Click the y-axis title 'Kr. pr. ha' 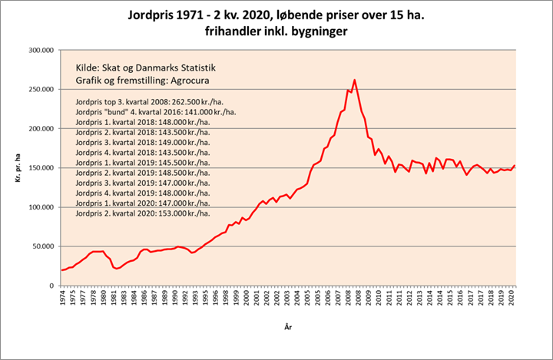[17, 168]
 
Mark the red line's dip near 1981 [117, 269]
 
